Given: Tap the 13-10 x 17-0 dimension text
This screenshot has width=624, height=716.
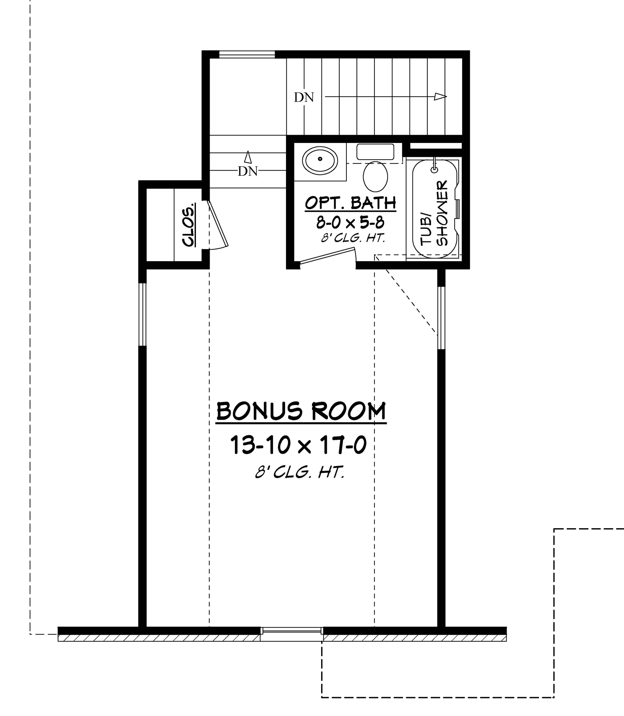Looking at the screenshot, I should pos(298,445).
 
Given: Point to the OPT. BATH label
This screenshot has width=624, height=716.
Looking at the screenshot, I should pos(350,203).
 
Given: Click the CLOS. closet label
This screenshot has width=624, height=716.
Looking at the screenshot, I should pos(188,225).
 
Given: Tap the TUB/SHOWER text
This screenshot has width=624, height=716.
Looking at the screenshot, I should pos(434,213).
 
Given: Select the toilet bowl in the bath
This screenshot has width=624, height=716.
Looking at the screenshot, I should pos(375,177).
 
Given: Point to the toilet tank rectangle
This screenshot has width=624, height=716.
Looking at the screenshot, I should pos(375,152).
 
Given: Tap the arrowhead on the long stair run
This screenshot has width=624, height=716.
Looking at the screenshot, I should pos(440,97).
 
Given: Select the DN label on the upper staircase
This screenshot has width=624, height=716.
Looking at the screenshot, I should pos(304,98).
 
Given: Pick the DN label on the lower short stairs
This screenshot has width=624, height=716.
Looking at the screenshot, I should pos(248,171).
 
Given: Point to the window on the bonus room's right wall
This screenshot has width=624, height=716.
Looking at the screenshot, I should pos(441,317).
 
